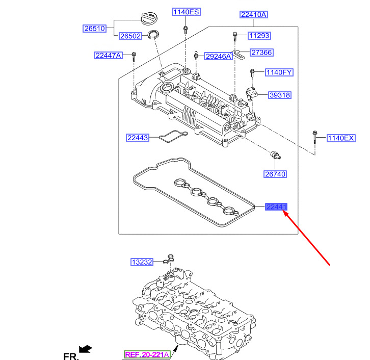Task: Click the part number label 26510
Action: (94, 29)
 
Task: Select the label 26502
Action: (130, 36)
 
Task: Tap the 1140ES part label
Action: (187, 12)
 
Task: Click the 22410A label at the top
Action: (253, 15)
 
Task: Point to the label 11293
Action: (259, 36)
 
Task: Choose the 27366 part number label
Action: (261, 53)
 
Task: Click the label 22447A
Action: (108, 55)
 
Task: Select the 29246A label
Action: (218, 57)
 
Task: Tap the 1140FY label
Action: (278, 72)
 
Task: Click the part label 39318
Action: (280, 95)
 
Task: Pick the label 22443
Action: (138, 138)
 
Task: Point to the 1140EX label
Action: (340, 138)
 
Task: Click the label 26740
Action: (275, 174)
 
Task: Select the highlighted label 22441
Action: (276, 207)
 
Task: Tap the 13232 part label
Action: (142, 262)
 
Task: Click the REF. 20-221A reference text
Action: (147, 354)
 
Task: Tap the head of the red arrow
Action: (286, 214)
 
